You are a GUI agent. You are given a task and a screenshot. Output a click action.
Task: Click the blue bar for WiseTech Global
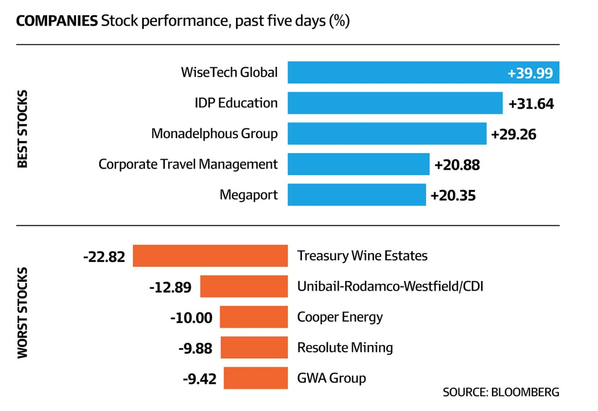[394, 73]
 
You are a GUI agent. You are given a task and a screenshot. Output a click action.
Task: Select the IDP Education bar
[395, 103]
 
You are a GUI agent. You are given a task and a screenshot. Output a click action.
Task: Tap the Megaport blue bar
[356, 195]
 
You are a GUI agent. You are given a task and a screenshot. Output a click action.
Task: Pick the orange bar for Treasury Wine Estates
[210, 256]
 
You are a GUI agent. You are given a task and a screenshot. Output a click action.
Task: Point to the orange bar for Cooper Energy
[253, 317]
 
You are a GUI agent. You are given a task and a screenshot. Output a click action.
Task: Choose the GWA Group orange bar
[255, 378]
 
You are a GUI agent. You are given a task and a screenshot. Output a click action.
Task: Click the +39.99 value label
[530, 73]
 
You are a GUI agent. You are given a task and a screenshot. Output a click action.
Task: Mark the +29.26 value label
[514, 135]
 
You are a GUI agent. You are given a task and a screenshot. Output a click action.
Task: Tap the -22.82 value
[104, 257]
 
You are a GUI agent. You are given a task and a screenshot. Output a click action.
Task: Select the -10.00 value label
[191, 318]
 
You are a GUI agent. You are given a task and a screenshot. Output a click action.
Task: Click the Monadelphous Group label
[214, 134]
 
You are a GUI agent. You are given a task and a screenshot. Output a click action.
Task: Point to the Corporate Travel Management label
[188, 164]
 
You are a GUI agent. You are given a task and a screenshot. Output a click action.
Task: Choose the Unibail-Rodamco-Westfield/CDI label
[390, 286]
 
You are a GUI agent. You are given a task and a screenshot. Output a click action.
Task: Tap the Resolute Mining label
[345, 347]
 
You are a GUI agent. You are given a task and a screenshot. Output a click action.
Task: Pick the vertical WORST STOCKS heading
[23, 313]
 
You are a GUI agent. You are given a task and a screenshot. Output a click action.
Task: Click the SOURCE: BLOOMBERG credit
[501, 392]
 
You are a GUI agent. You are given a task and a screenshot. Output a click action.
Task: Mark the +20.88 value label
[457, 165]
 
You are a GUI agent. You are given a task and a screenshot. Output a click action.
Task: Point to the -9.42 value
[199, 379]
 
